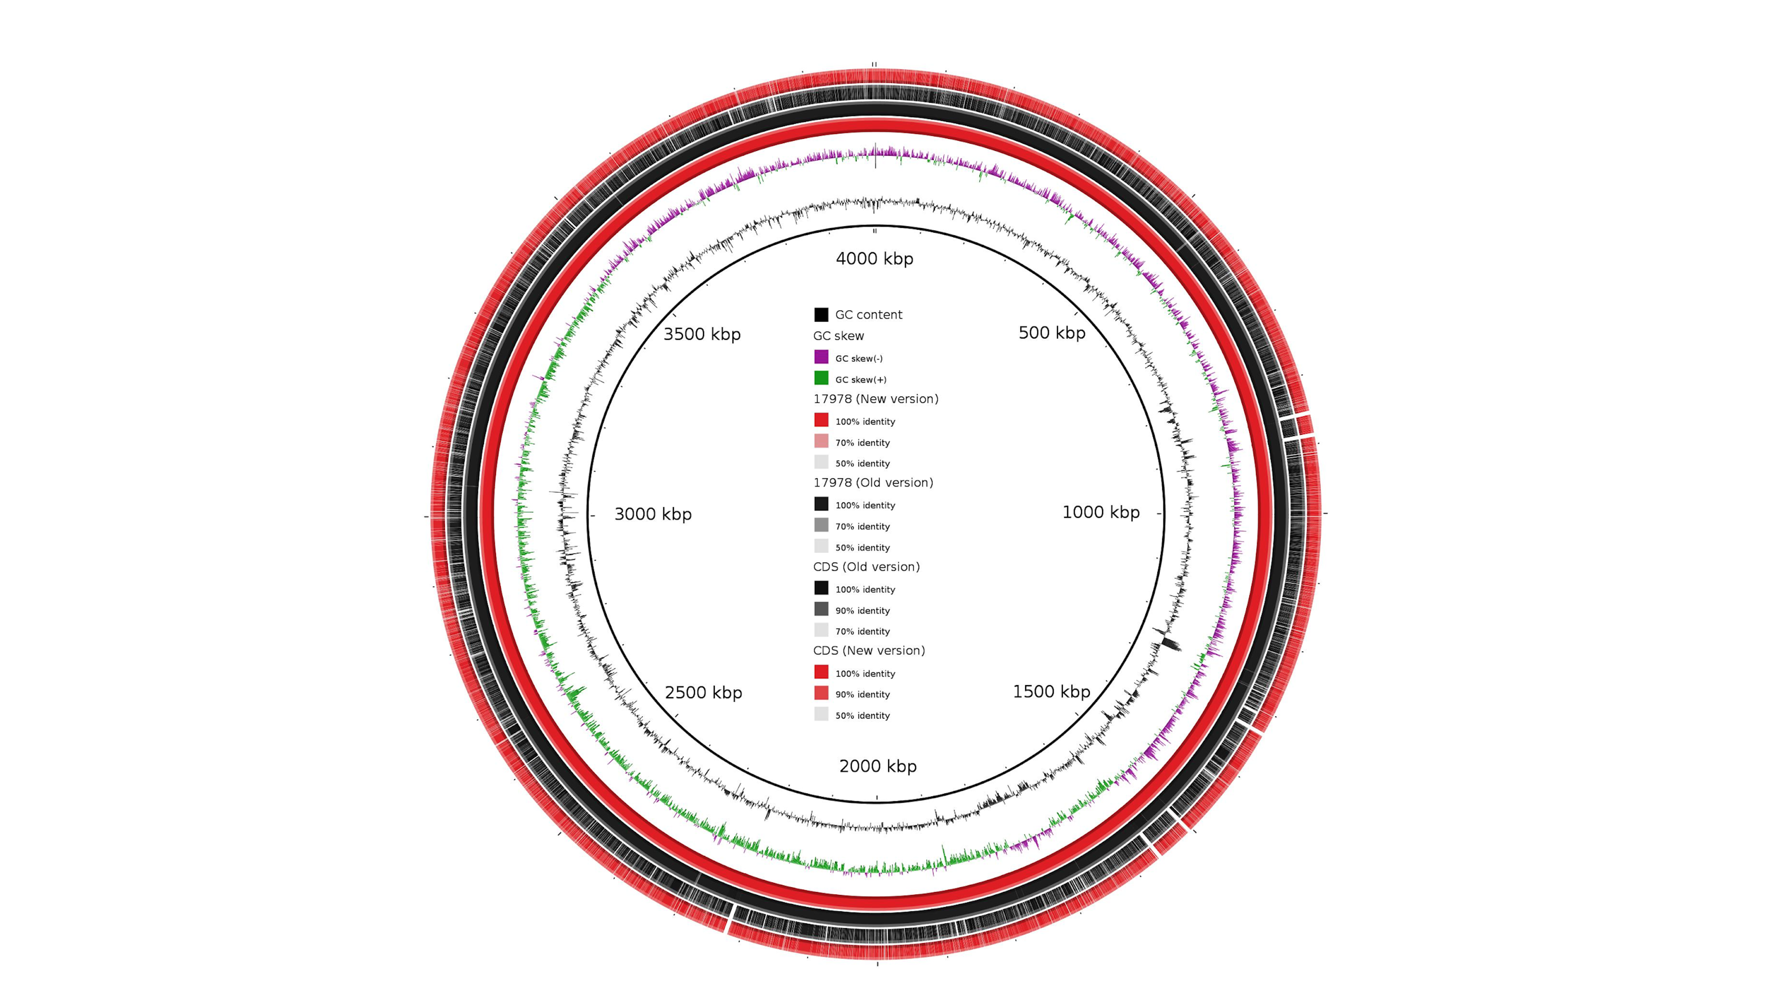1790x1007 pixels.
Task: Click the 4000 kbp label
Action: [x=874, y=259]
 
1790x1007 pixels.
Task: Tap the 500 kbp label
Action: [x=1051, y=333]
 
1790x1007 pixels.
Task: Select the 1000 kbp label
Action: [x=1101, y=512]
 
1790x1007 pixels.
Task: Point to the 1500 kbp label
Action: [x=1051, y=691]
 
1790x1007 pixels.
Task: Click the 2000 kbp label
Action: [x=878, y=766]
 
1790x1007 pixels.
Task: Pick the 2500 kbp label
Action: [x=703, y=692]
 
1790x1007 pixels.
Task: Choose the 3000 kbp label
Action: [x=652, y=514]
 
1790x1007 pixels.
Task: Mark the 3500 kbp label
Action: [x=702, y=334]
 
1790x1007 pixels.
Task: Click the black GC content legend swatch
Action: [x=821, y=315]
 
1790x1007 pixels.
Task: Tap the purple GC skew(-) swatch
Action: [x=821, y=357]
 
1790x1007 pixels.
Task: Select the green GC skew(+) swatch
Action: [x=821, y=378]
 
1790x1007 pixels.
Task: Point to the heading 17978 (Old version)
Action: [x=873, y=482]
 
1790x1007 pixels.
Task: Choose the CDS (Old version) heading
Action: [x=866, y=567]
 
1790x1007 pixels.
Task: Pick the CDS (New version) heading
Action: [x=869, y=650]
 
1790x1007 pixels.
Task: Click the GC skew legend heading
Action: [x=838, y=336]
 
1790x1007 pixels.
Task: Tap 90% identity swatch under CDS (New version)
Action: [x=821, y=693]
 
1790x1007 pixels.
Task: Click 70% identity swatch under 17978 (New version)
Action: [x=821, y=441]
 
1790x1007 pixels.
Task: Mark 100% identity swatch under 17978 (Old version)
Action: [x=821, y=504]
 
